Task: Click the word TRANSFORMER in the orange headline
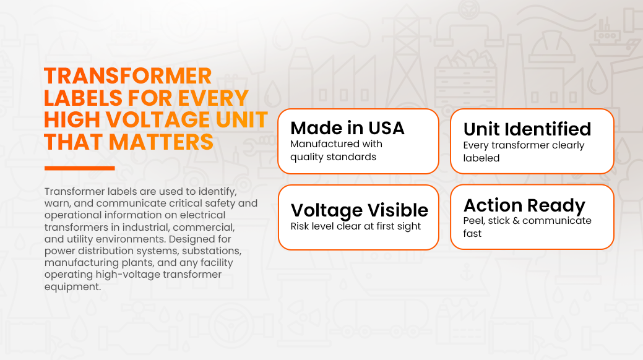pos(128,76)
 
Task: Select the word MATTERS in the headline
pos(161,142)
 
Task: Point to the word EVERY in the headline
pos(213,98)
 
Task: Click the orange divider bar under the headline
pos(80,168)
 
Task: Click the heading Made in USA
pos(347,128)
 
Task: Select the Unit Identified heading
pos(527,129)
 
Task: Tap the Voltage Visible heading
pos(359,210)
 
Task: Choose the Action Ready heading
pos(524,205)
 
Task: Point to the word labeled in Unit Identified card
pos(481,158)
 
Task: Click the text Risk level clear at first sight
pos(355,226)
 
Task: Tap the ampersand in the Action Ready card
pos(516,221)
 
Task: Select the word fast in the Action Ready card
pos(472,233)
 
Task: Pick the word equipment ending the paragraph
pos(72,287)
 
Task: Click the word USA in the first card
pos(386,128)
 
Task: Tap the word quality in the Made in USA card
pos(308,157)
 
